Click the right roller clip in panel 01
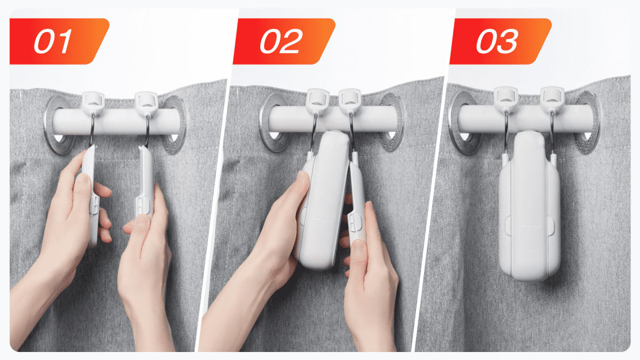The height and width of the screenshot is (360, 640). [145, 100]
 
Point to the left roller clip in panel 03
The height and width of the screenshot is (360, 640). [505, 96]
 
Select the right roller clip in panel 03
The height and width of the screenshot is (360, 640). [552, 97]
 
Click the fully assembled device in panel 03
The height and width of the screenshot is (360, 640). [530, 208]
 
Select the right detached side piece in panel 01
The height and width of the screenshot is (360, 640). [146, 184]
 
